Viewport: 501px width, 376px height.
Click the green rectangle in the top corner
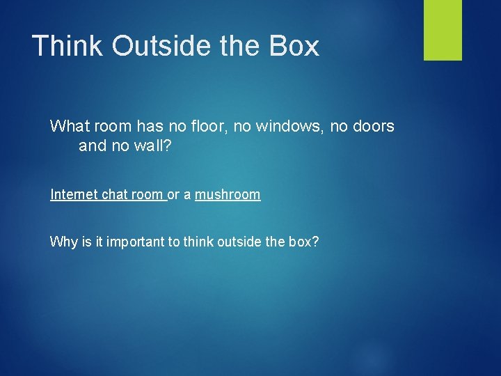443,30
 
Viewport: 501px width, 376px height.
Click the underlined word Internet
74,195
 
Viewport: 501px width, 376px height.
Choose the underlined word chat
116,195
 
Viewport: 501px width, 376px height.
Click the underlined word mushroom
228,195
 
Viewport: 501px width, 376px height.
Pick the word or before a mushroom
173,195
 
